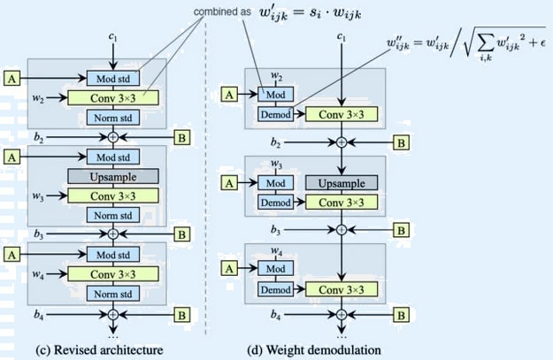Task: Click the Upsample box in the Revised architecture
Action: [x=112, y=176]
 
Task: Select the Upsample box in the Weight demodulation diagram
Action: [x=341, y=182]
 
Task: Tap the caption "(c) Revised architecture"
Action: [x=93, y=349]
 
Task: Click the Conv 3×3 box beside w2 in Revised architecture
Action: [x=112, y=97]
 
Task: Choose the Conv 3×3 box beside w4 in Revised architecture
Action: [x=112, y=274]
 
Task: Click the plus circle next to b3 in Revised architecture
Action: [x=112, y=234]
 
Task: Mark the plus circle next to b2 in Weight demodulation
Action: [x=341, y=142]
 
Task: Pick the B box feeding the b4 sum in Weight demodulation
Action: [x=401, y=315]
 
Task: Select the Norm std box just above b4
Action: [x=112, y=294]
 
